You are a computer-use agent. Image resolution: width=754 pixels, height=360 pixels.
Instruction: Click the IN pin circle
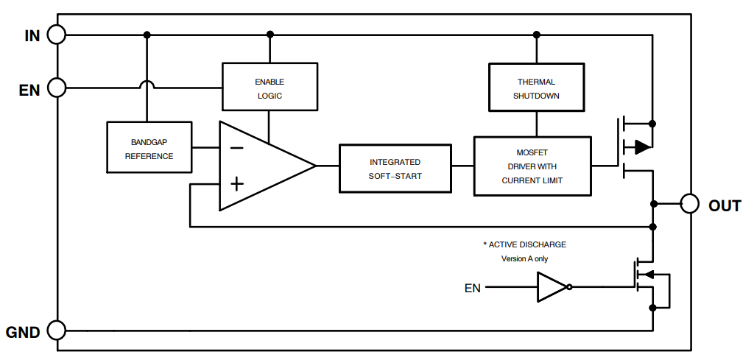[57, 35]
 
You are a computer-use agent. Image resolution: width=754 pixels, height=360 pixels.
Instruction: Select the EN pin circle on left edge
[57, 88]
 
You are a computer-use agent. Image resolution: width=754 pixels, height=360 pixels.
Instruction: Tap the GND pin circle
[57, 331]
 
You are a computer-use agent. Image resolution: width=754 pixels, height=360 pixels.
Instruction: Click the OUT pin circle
[689, 204]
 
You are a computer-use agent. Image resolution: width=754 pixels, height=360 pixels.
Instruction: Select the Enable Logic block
[269, 88]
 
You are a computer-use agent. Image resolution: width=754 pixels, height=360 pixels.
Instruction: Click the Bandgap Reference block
[149, 148]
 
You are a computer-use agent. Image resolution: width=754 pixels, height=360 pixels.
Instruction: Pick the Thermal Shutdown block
[536, 88]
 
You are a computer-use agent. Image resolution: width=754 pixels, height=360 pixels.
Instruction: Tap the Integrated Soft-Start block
[395, 169]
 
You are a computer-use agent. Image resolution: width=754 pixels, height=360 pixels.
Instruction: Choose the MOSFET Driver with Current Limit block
[532, 166]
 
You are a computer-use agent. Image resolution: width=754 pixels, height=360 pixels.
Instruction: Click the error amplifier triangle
[261, 166]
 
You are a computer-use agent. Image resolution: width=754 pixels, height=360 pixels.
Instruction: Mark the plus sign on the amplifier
[236, 183]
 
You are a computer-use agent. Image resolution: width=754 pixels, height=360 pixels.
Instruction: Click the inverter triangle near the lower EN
[552, 288]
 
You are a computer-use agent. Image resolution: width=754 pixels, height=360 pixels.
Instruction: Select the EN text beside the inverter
[472, 288]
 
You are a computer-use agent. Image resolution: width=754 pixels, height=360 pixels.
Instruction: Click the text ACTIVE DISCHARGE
[524, 244]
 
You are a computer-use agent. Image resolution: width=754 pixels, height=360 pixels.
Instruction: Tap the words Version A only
[524, 259]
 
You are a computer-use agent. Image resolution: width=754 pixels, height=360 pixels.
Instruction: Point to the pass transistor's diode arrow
[642, 147]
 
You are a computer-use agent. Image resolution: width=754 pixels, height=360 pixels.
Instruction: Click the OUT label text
[725, 206]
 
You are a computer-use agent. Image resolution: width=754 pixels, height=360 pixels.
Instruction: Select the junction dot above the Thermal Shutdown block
[536, 35]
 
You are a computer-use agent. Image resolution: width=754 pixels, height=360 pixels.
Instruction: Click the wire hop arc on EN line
[147, 85]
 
